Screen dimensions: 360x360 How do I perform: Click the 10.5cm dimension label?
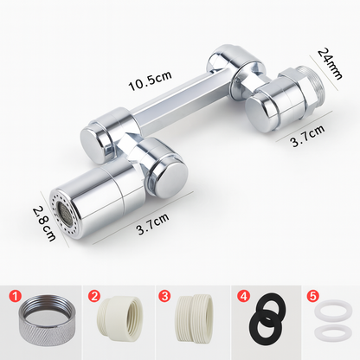click(150, 80)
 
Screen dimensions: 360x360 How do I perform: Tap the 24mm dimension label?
click(330, 64)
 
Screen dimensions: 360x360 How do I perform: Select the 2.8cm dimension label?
click(44, 222)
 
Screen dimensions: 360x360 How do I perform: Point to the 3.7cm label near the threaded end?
click(307, 136)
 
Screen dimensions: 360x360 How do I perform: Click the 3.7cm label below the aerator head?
click(153, 224)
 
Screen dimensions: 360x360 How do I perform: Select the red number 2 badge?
click(94, 296)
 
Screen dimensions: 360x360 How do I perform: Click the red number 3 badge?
click(164, 296)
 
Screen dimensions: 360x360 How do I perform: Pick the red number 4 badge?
click(244, 296)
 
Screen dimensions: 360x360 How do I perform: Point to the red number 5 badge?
click(313, 296)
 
